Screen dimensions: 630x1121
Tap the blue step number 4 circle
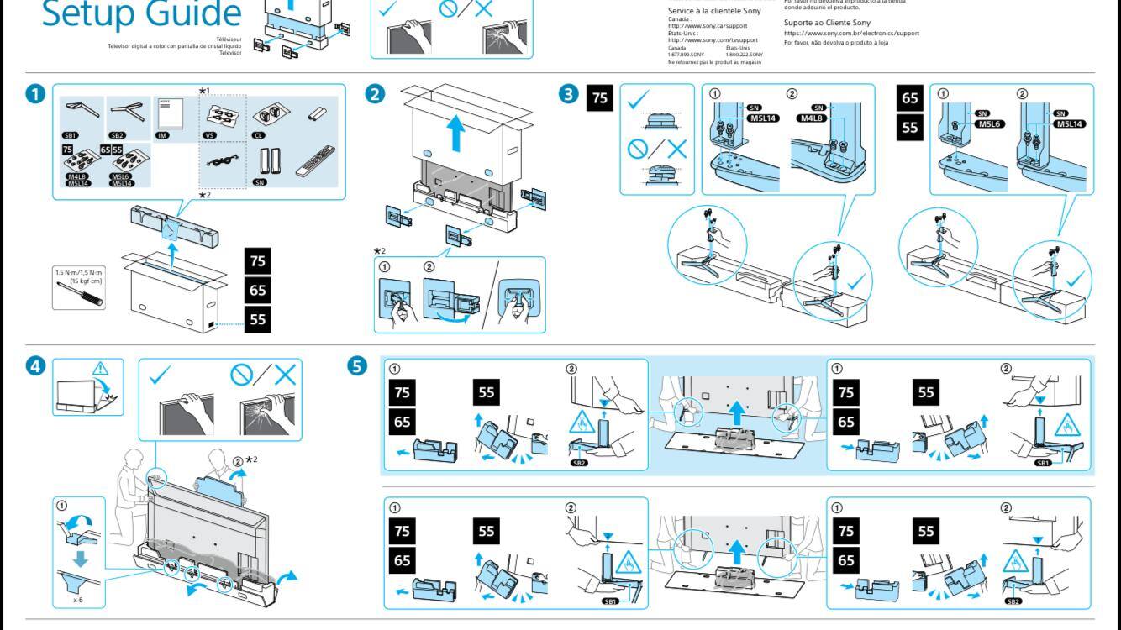35,367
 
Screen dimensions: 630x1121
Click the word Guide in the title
192,13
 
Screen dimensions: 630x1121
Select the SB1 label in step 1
71,134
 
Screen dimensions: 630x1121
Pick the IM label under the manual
162,134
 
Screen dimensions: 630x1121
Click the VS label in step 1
211,134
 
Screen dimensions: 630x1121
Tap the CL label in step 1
259,134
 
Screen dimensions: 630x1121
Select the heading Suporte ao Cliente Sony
827,23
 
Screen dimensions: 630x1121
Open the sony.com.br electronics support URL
850,34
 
